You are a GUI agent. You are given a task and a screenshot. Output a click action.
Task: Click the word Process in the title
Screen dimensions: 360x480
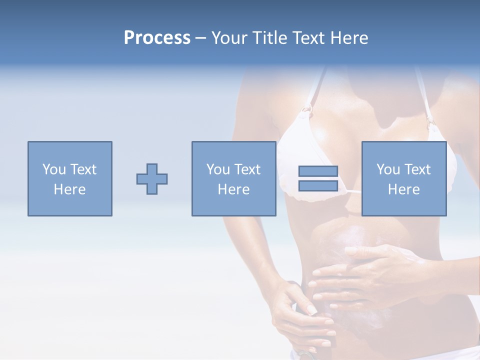click(x=157, y=38)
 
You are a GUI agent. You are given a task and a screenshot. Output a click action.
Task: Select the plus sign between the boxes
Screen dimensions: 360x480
click(x=152, y=179)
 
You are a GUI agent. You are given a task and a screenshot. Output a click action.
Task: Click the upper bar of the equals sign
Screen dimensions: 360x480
click(x=318, y=171)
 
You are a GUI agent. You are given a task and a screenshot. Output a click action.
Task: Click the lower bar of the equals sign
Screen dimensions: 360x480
click(x=318, y=185)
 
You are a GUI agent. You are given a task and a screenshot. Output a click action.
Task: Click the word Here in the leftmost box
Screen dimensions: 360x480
click(x=69, y=189)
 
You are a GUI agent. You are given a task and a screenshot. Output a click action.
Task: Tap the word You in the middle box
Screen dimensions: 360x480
click(x=217, y=169)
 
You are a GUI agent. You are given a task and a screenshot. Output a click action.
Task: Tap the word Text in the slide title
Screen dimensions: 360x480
click(x=306, y=38)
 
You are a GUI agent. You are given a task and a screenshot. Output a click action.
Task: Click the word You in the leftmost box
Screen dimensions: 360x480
click(x=53, y=169)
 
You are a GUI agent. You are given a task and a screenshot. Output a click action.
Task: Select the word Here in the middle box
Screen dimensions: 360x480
click(x=233, y=189)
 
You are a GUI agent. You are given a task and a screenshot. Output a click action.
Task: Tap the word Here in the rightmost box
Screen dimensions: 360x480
click(x=403, y=189)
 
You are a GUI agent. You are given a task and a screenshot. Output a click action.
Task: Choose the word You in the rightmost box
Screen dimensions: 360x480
click(x=387, y=169)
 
